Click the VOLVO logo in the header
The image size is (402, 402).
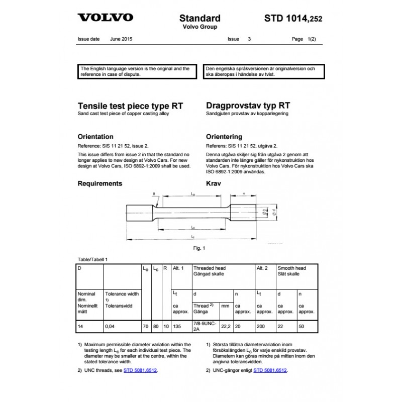point(105,18)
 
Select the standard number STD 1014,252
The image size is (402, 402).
point(293,19)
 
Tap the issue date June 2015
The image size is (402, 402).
point(121,39)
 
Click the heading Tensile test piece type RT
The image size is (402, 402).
point(130,106)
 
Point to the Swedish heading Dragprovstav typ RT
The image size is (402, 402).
point(248,106)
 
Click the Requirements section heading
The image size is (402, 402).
point(100,183)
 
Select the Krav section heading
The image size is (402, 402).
point(214,183)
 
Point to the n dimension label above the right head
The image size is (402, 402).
point(244,193)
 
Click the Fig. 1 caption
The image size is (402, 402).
point(199,248)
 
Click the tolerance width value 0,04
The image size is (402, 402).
point(109,327)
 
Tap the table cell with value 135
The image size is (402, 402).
point(177,327)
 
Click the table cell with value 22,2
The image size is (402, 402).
point(226,327)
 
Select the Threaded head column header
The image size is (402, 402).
point(209,271)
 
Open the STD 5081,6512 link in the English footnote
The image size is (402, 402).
point(144,370)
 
